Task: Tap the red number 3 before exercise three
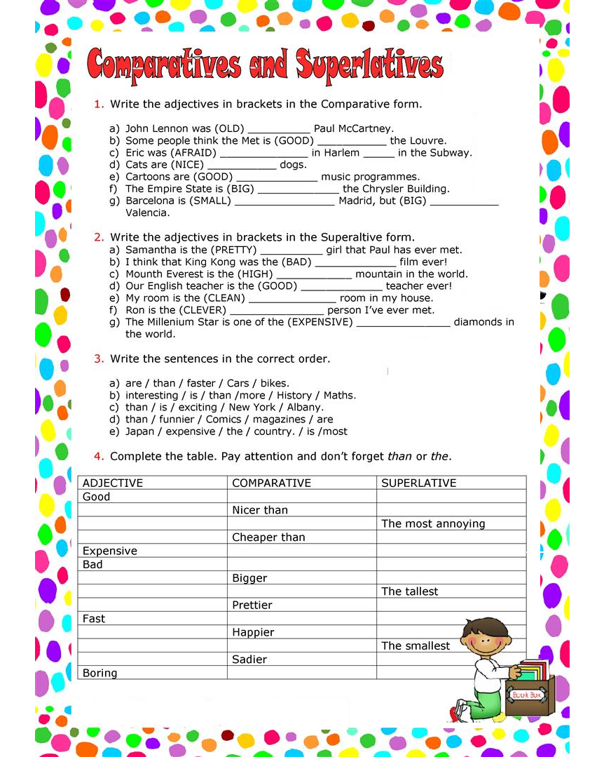[x=99, y=359]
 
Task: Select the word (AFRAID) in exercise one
[x=191, y=153]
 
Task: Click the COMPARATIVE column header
[x=271, y=483]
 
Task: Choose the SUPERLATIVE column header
[x=418, y=483]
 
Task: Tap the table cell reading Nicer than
[x=260, y=511]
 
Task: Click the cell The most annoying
[x=433, y=524]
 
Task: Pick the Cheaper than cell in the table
[x=268, y=537]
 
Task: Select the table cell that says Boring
[x=100, y=674]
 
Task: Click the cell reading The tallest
[x=410, y=592]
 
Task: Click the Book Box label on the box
[x=526, y=695]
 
